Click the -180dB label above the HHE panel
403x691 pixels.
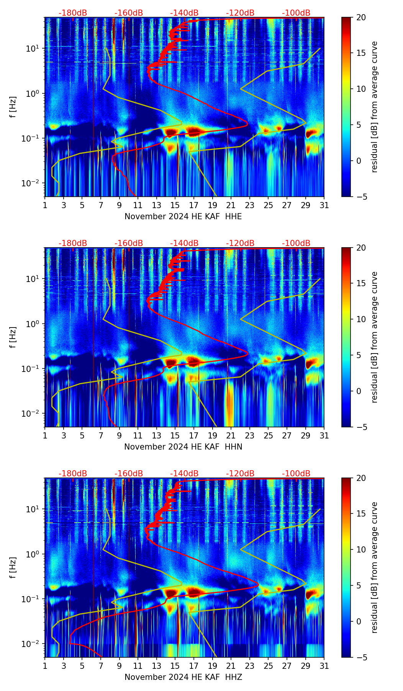tap(73, 13)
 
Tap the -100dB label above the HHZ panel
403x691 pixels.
tap(296, 474)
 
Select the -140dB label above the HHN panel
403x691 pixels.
tap(184, 243)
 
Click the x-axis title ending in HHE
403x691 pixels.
tap(183, 217)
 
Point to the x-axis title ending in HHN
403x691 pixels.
tap(183, 447)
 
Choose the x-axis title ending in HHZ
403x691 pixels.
tap(183, 677)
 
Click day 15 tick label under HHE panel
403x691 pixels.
tap(175, 205)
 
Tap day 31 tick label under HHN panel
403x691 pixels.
tap(324, 436)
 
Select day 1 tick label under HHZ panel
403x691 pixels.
tap(45, 666)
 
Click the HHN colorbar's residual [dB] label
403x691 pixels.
tap(375, 337)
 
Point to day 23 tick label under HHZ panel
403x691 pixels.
tap(250, 666)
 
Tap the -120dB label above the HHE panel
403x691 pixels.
tap(240, 13)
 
